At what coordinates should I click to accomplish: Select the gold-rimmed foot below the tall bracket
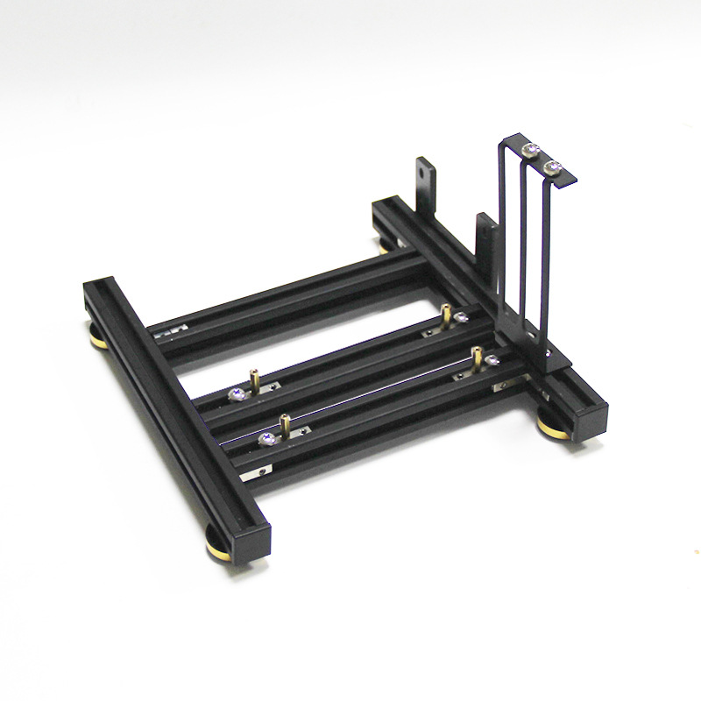pos(553,428)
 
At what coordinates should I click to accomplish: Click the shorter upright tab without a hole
pos(485,232)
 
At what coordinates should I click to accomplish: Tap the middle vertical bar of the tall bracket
pos(524,245)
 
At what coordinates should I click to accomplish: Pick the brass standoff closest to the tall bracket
pos(477,357)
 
